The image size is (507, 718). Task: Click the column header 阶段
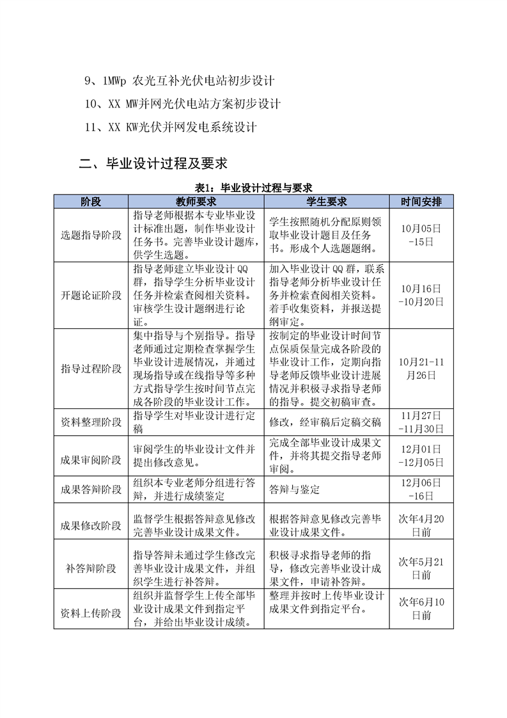tap(91, 202)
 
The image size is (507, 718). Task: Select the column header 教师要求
tap(196, 202)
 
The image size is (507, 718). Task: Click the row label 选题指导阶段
tap(91, 235)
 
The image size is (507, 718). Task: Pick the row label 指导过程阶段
tap(91, 369)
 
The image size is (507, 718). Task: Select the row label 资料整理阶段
tap(91, 422)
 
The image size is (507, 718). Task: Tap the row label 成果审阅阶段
tap(91, 456)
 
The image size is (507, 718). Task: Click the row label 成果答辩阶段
tap(91, 490)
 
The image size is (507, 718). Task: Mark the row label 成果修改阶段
tap(91, 525)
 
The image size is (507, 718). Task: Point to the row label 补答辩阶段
tap(91, 568)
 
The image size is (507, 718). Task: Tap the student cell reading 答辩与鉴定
tap(295, 490)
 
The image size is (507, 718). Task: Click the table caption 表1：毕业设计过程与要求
tap(253, 187)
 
